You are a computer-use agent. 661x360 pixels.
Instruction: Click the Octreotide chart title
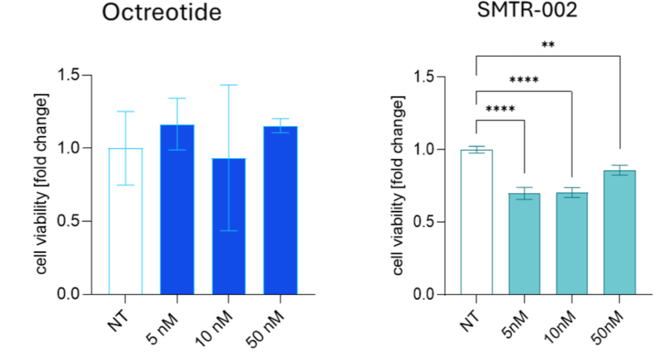tap(162, 14)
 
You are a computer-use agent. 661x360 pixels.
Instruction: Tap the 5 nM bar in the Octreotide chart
tap(177, 210)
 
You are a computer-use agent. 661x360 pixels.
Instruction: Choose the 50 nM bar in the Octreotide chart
tap(280, 210)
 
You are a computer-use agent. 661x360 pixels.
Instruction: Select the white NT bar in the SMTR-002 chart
tap(476, 223)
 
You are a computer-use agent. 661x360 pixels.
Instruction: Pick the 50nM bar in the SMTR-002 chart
tap(620, 232)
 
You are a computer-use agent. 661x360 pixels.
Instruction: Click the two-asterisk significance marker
tap(548, 45)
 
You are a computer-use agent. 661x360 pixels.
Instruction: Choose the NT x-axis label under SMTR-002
tap(471, 319)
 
